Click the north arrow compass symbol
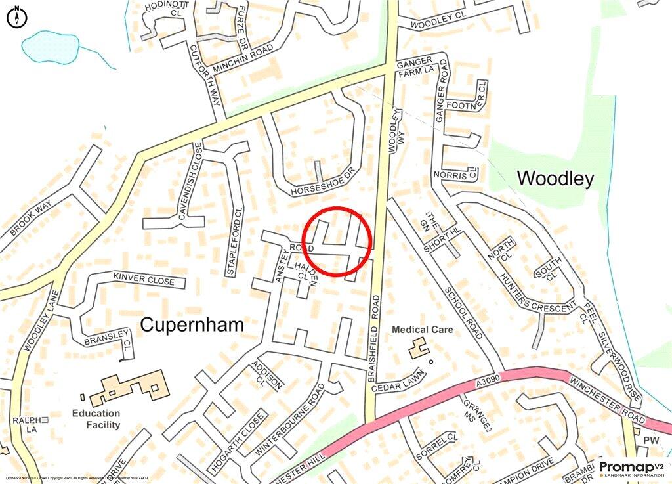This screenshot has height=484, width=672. (16, 16)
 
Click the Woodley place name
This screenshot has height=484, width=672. (555, 178)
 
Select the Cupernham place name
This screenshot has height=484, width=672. (192, 324)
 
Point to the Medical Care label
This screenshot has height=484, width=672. (423, 329)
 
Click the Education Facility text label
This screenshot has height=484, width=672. (96, 419)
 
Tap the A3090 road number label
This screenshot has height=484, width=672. (484, 381)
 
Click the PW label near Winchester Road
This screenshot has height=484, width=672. (650, 439)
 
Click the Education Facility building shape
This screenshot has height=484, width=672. (128, 388)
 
